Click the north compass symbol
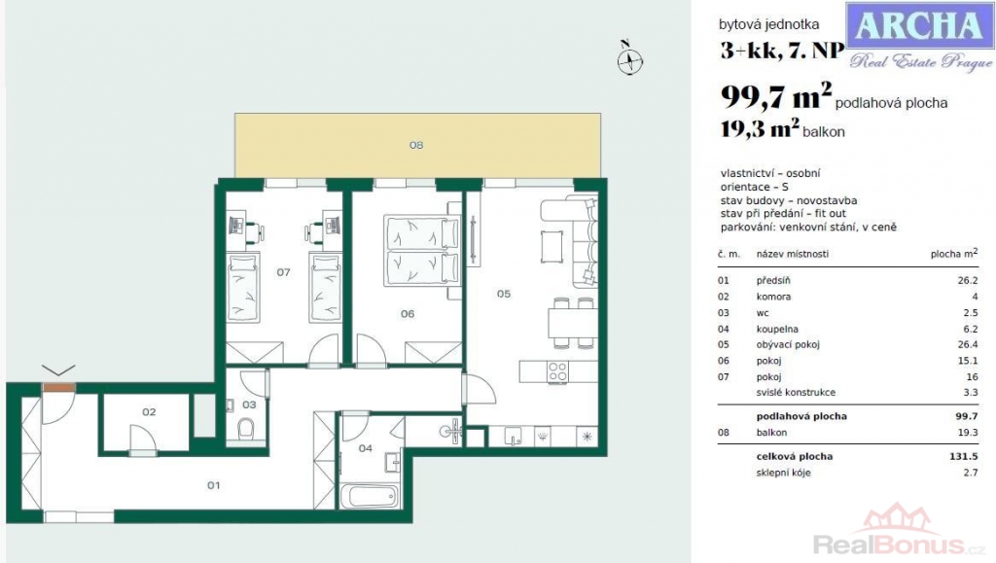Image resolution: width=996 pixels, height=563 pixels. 629,58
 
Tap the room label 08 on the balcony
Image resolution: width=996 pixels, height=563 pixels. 416,145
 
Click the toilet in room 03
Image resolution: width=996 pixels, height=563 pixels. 246,429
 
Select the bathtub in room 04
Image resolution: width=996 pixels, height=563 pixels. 369,496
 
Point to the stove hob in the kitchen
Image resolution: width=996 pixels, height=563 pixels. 557,372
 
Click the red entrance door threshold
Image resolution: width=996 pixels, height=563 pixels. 59,388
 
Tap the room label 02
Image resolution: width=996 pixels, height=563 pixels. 149,412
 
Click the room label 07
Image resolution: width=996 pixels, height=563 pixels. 283,272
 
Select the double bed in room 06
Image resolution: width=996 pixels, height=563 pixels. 422,250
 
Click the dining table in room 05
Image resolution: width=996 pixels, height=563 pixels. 572,323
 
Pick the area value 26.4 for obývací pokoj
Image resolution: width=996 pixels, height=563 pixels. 968,344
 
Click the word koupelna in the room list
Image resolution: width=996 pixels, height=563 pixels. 777,329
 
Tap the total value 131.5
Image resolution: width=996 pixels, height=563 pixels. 966,456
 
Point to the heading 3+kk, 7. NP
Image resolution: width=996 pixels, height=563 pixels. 782,51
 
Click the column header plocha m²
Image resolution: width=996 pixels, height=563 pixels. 954,253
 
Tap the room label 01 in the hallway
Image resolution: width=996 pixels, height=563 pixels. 213,485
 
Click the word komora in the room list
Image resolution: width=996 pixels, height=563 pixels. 773,297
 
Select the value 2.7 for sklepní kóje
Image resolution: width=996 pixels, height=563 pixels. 971,473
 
